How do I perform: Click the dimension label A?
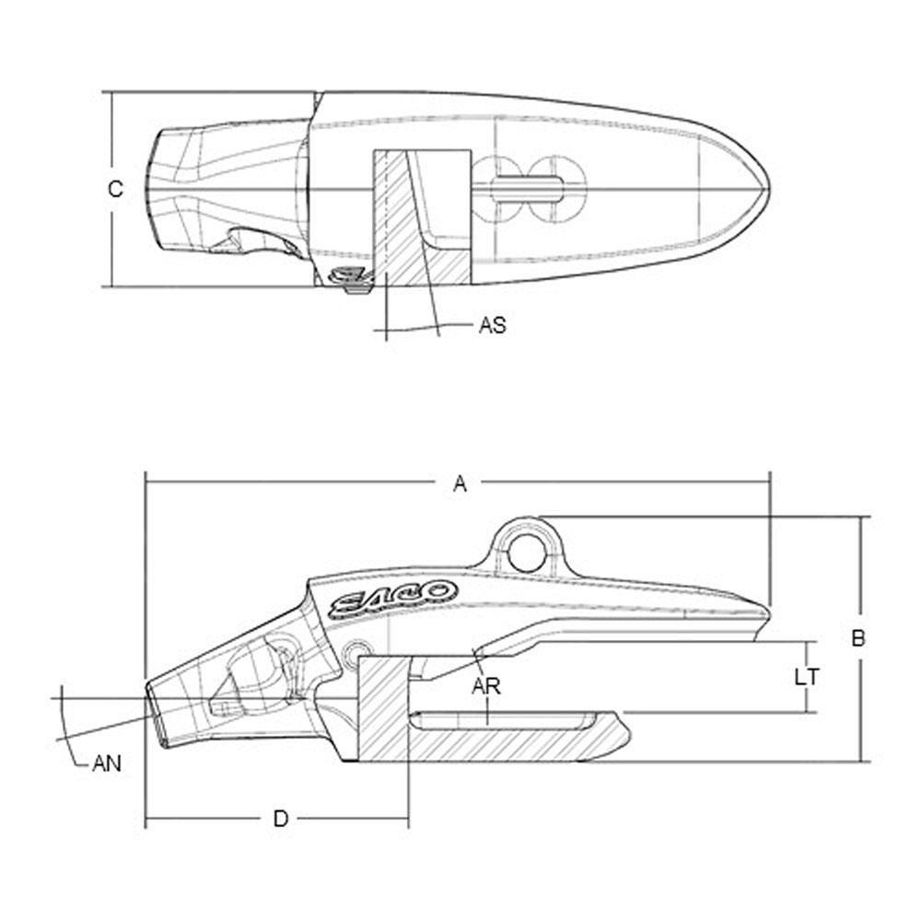[460, 484]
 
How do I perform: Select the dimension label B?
[858, 637]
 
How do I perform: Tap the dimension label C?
[116, 189]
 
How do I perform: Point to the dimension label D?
[281, 818]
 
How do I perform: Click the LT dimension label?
[807, 677]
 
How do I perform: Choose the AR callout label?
[486, 686]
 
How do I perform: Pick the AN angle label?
[107, 764]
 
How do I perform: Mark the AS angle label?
[492, 325]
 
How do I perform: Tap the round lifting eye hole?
[527, 552]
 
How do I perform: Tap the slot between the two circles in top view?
[527, 189]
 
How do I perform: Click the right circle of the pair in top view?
[556, 189]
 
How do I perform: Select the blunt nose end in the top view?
[154, 189]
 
